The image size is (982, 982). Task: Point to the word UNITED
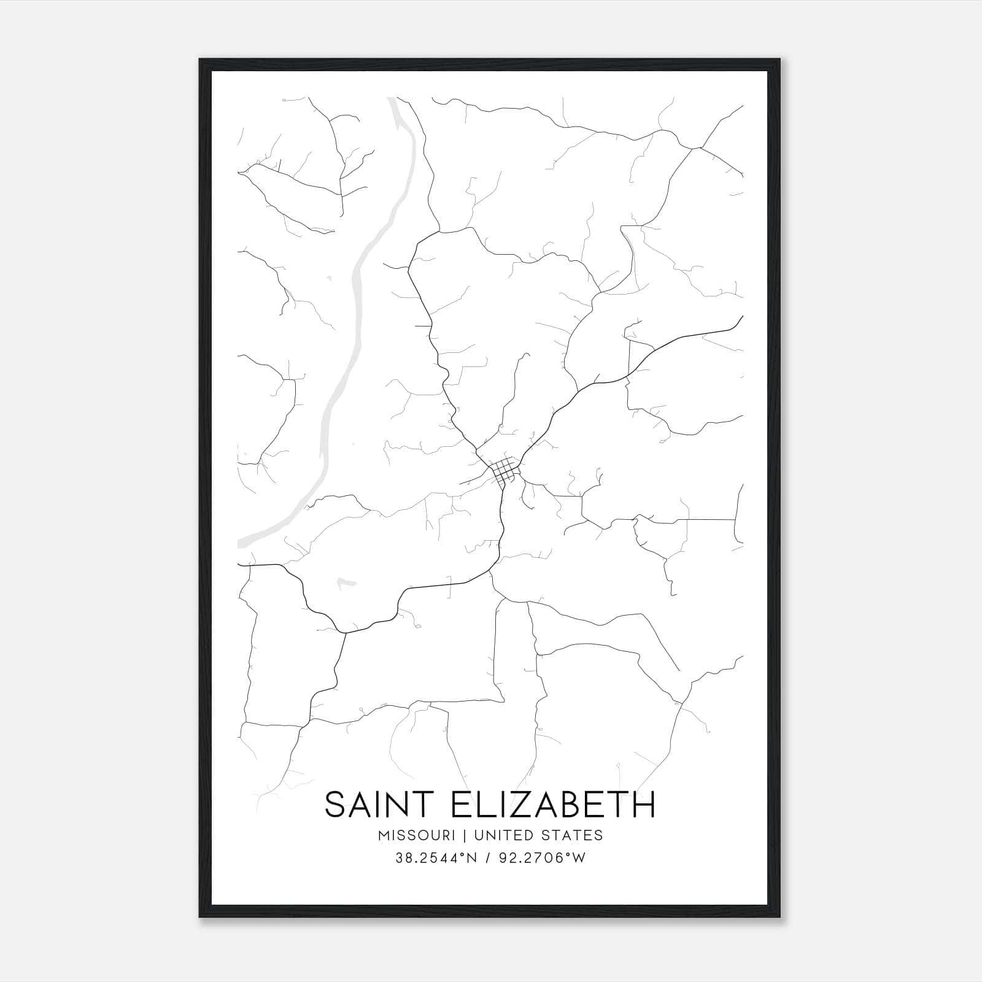coord(501,835)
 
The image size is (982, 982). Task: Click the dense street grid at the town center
coord(504,471)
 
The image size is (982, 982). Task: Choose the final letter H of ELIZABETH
coord(644,805)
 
